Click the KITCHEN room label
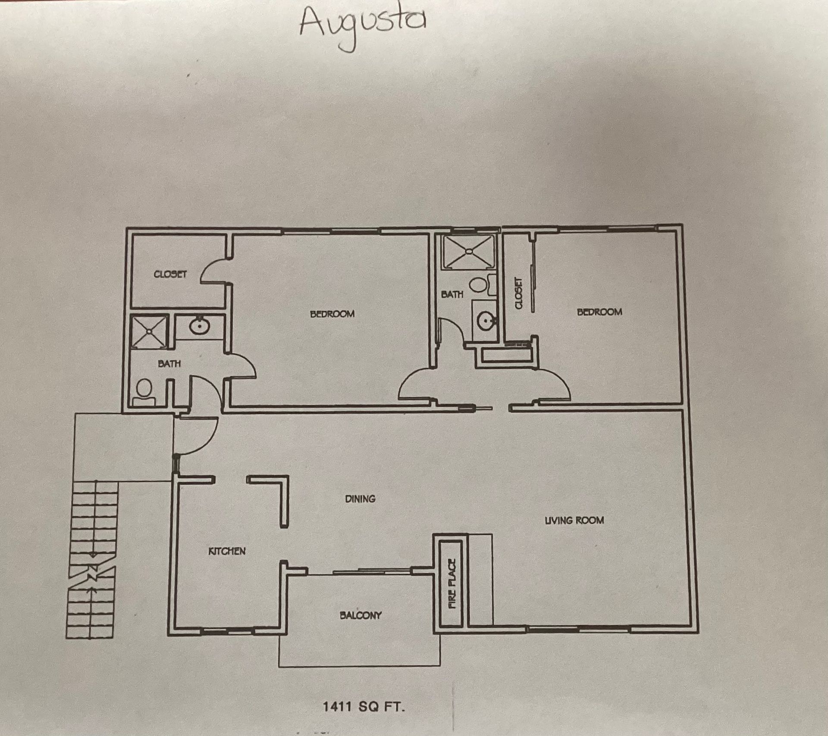pyautogui.click(x=227, y=551)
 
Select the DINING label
pyautogui.click(x=360, y=499)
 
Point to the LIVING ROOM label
pyautogui.click(x=574, y=520)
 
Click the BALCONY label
pyautogui.click(x=361, y=615)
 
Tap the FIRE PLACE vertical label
pyautogui.click(x=452, y=583)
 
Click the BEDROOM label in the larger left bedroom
pyautogui.click(x=332, y=314)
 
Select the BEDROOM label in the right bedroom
pyautogui.click(x=599, y=312)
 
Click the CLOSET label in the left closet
pyautogui.click(x=170, y=274)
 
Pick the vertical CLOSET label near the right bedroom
pyautogui.click(x=519, y=293)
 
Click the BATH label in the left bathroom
pyautogui.click(x=169, y=364)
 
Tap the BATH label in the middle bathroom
pyautogui.click(x=452, y=294)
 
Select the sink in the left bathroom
pyautogui.click(x=199, y=326)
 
